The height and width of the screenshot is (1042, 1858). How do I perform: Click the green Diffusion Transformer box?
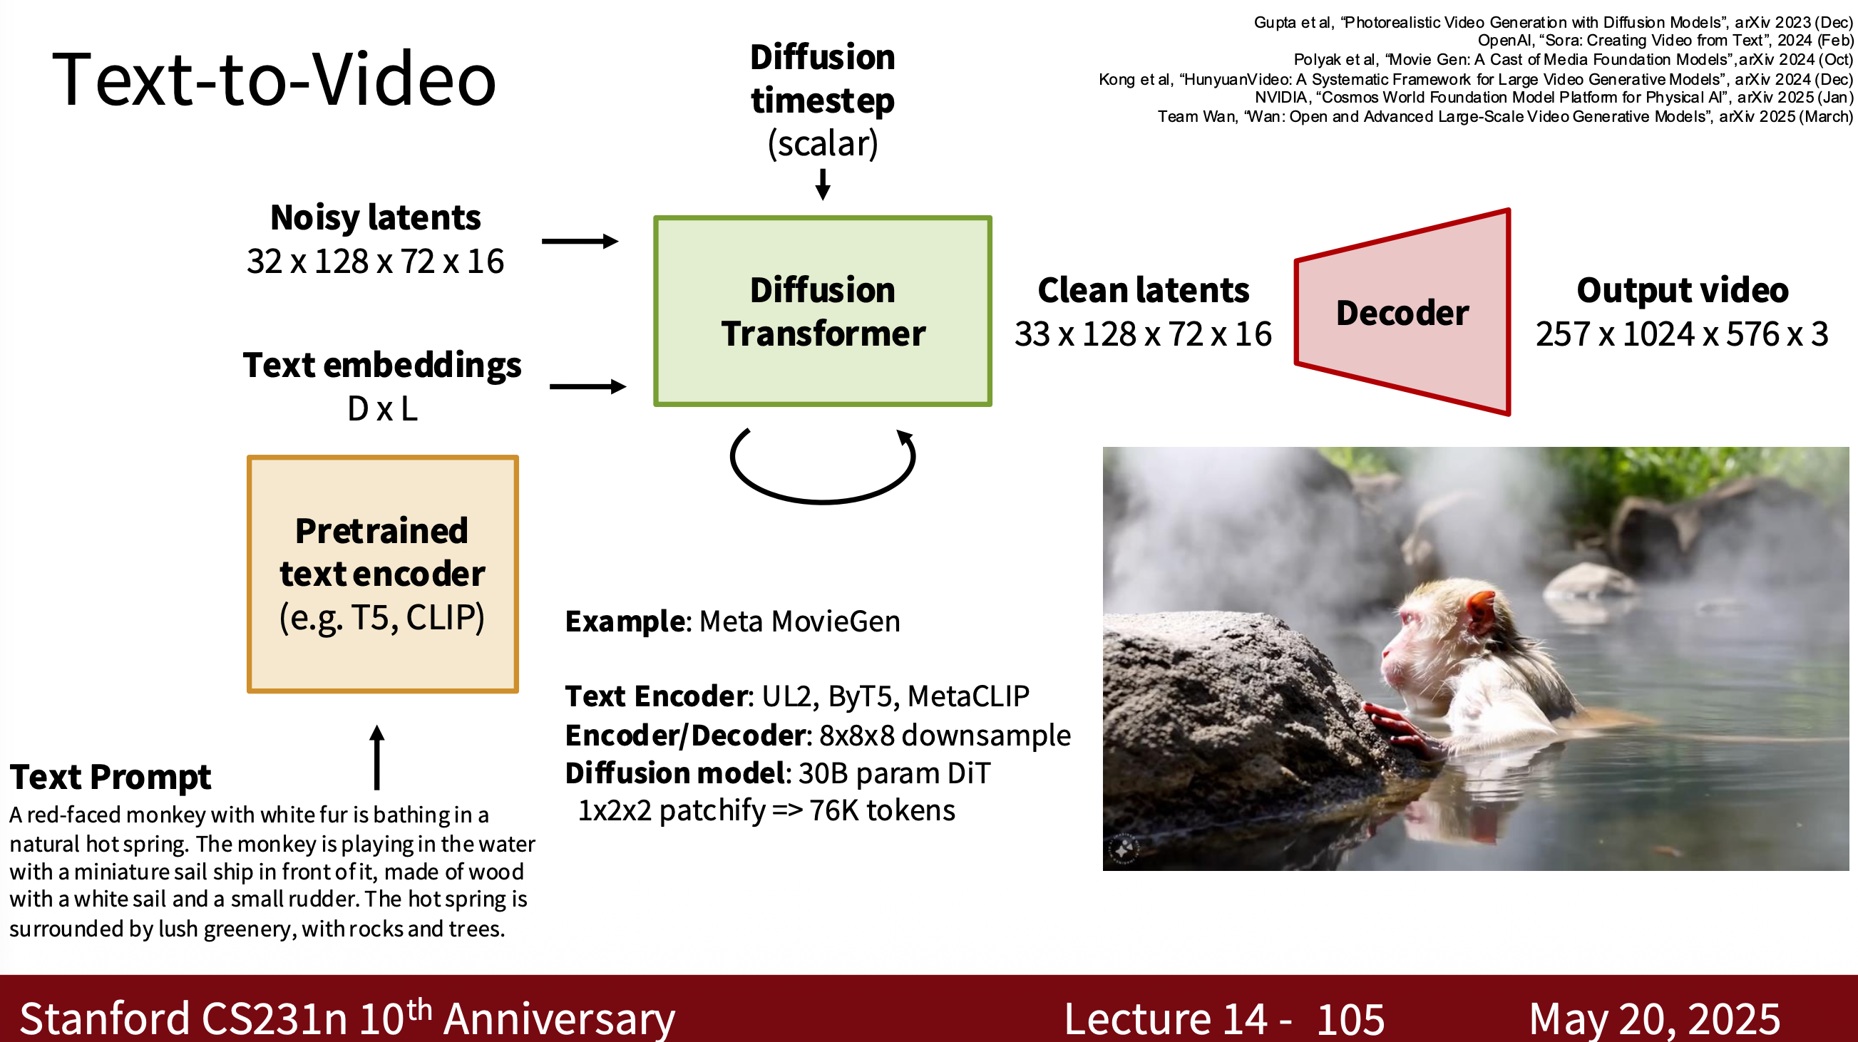click(x=822, y=311)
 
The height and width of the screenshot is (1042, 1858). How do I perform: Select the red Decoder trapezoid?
click(x=1402, y=311)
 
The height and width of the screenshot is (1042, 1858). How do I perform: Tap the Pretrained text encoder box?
click(x=382, y=574)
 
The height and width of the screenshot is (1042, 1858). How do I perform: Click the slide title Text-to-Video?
click(x=274, y=79)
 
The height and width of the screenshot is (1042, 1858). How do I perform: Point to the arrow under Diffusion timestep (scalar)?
click(x=822, y=184)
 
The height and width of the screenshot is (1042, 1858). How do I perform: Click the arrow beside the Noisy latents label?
click(x=580, y=241)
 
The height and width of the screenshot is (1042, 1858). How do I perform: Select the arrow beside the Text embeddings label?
click(x=587, y=386)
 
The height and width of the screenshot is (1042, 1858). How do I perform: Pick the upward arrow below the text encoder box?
click(x=376, y=757)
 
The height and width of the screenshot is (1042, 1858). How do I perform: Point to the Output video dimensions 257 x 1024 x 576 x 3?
click(x=1682, y=334)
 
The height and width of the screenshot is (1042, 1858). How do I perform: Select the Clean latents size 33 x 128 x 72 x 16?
click(x=1143, y=334)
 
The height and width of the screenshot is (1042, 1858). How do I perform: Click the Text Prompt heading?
click(x=111, y=778)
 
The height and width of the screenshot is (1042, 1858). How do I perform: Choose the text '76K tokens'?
click(x=882, y=810)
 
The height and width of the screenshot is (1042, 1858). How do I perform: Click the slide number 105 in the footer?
click(x=1350, y=1019)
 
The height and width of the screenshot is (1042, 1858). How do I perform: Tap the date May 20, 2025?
click(x=1655, y=1020)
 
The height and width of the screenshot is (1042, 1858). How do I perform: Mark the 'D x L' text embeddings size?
click(x=382, y=409)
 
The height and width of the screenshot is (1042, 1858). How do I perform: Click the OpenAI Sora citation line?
click(x=1665, y=41)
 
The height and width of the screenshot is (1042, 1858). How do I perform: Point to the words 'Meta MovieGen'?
click(x=800, y=621)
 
